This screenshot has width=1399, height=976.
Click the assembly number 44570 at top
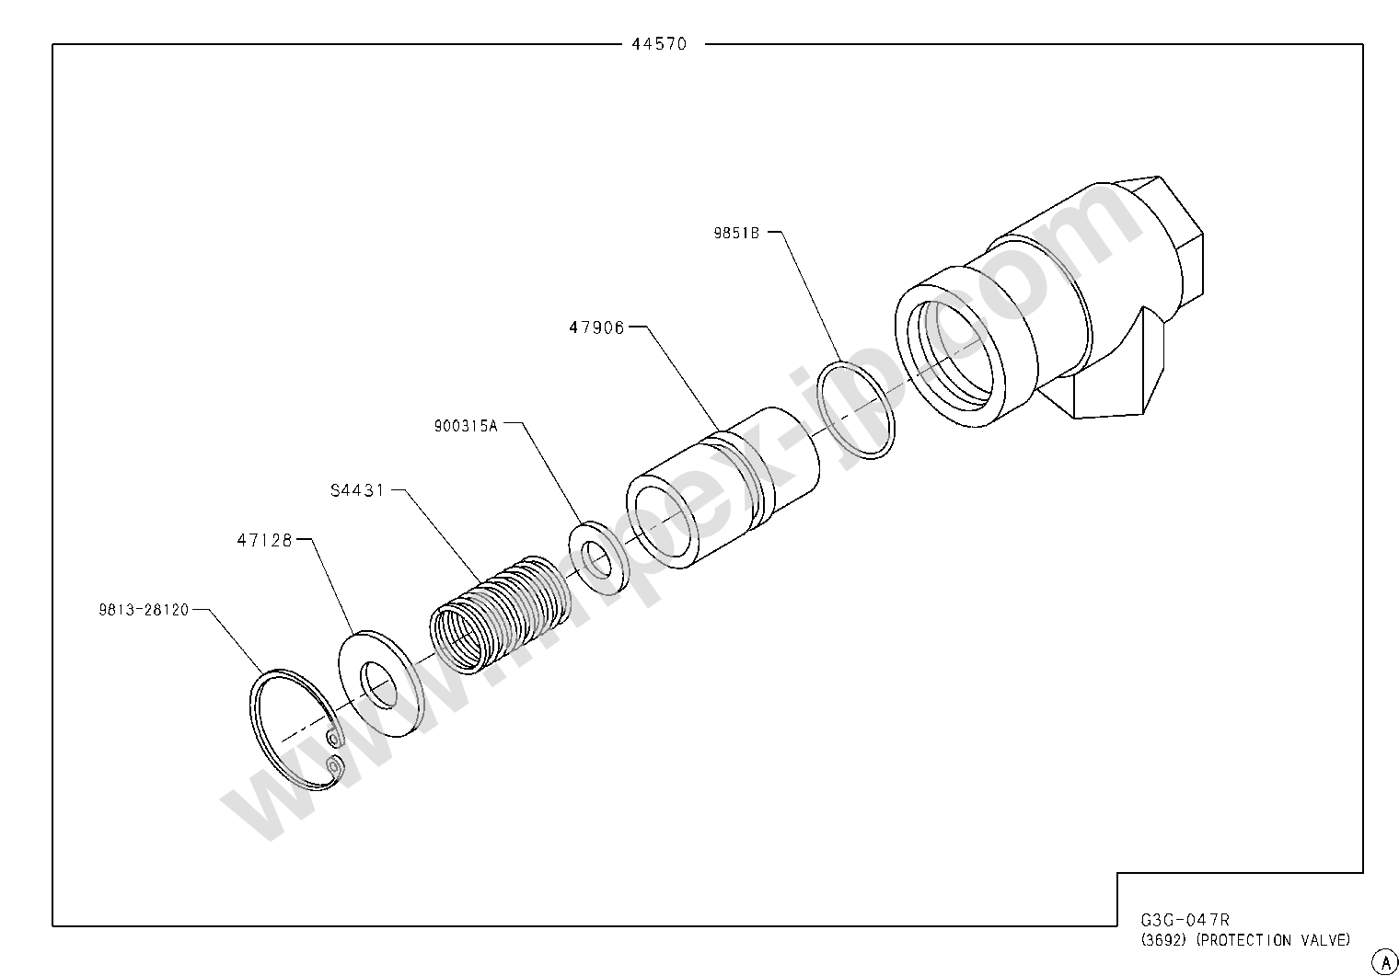659,44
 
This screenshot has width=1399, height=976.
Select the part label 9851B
735,234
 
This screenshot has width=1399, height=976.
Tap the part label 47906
595,327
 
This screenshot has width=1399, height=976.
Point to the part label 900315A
466,426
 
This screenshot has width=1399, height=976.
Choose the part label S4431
357,490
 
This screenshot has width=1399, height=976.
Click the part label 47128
264,541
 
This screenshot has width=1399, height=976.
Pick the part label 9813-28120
144,610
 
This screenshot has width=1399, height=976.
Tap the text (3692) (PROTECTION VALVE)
1245,940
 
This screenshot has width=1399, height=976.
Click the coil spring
497,612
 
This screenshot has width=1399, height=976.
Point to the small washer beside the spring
595,557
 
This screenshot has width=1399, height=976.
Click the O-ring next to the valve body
856,410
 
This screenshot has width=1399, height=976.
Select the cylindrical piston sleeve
723,488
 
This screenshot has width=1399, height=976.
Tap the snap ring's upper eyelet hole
333,738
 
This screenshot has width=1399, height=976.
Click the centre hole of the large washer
379,683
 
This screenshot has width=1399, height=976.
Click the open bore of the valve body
951,350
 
